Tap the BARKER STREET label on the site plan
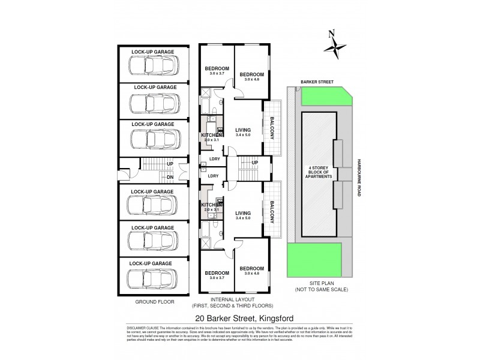click(318, 81)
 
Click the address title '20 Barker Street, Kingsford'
click(240, 319)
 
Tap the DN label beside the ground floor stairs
click(170, 177)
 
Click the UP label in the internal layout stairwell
click(255, 163)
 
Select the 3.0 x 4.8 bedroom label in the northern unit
click(251, 77)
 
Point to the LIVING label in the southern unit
click(242, 212)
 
